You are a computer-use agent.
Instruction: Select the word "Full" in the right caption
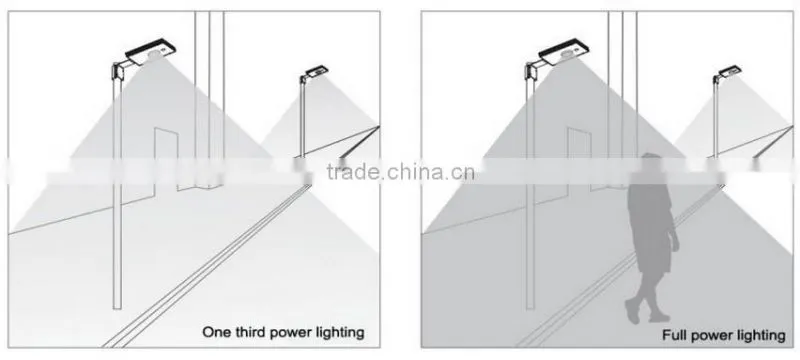coord(673,335)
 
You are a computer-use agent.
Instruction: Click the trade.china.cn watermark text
coord(401,172)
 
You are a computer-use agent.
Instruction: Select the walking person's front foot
coord(632,311)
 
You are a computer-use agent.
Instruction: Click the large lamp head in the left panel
coord(152,53)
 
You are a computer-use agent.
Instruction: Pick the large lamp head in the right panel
coord(565,53)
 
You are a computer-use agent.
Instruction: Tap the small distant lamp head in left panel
coord(317,71)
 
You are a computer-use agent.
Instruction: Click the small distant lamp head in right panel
coord(730,71)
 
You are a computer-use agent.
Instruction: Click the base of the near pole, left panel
coord(117,306)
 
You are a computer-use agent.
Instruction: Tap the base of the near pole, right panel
coord(531,306)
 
